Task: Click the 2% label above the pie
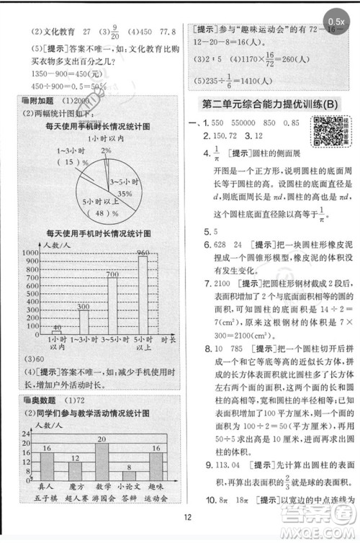click(x=107, y=150)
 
